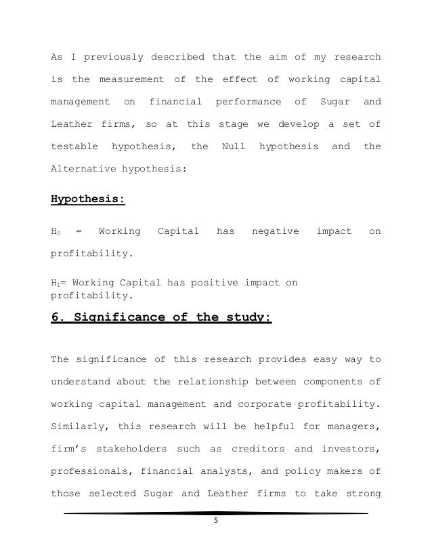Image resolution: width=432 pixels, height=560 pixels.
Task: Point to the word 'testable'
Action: [73, 146]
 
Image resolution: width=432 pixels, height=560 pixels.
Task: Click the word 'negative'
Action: [275, 232]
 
